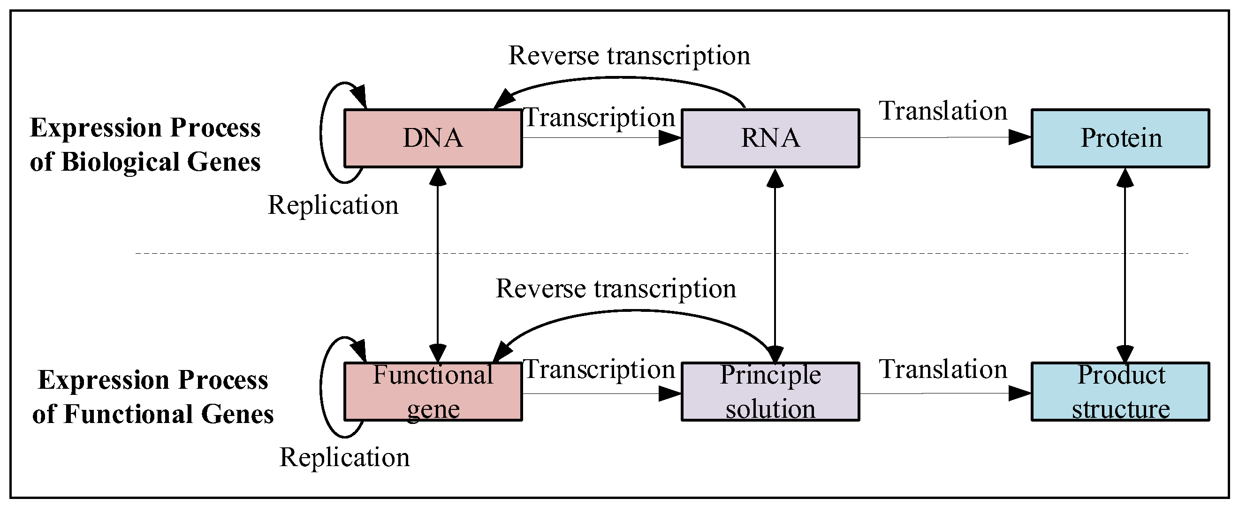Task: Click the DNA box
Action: click(433, 138)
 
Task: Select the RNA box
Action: click(770, 138)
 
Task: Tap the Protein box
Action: click(1120, 138)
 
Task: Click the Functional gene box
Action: click(433, 392)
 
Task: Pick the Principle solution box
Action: click(770, 392)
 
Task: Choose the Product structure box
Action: click(1120, 392)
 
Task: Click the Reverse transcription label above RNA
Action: click(629, 56)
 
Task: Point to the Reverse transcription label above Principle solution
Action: click(616, 289)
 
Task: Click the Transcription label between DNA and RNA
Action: click(600, 118)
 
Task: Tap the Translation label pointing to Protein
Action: click(943, 111)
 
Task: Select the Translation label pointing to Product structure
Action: click(943, 370)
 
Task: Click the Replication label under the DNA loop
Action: click(333, 205)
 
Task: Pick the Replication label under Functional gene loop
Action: click(344, 457)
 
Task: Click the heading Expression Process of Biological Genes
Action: click(145, 144)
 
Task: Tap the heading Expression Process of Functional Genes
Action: click(152, 397)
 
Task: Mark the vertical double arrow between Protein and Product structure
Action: click(1125, 264)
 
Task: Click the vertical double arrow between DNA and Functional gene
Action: click(437, 264)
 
